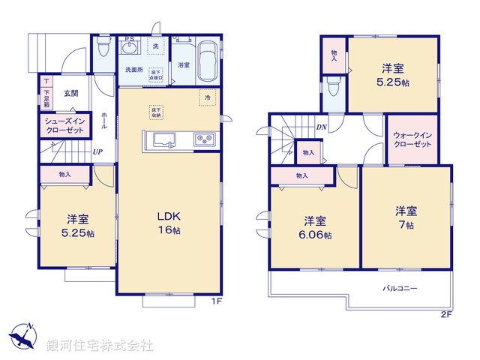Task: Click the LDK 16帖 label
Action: (x=168, y=223)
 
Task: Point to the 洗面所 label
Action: (x=133, y=69)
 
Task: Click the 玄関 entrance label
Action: (x=70, y=94)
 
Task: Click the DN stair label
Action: (x=321, y=127)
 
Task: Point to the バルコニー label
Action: (x=400, y=288)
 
